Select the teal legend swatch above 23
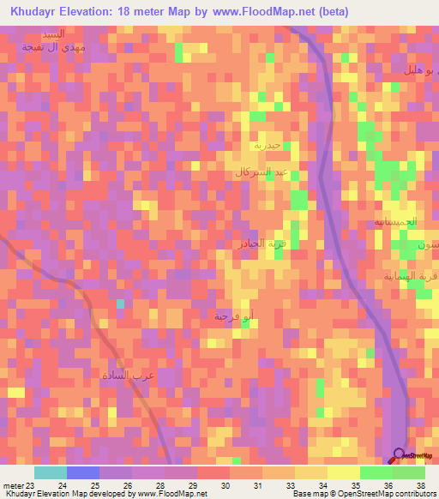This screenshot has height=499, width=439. coord(51,472)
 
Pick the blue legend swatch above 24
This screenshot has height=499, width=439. coord(83,472)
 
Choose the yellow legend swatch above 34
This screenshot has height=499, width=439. coord(311,472)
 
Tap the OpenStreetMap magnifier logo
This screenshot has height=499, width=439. coord(400,455)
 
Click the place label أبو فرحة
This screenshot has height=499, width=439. coord(234,317)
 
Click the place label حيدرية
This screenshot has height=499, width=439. coord(263,145)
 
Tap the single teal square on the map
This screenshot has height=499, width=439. coord(120,304)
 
